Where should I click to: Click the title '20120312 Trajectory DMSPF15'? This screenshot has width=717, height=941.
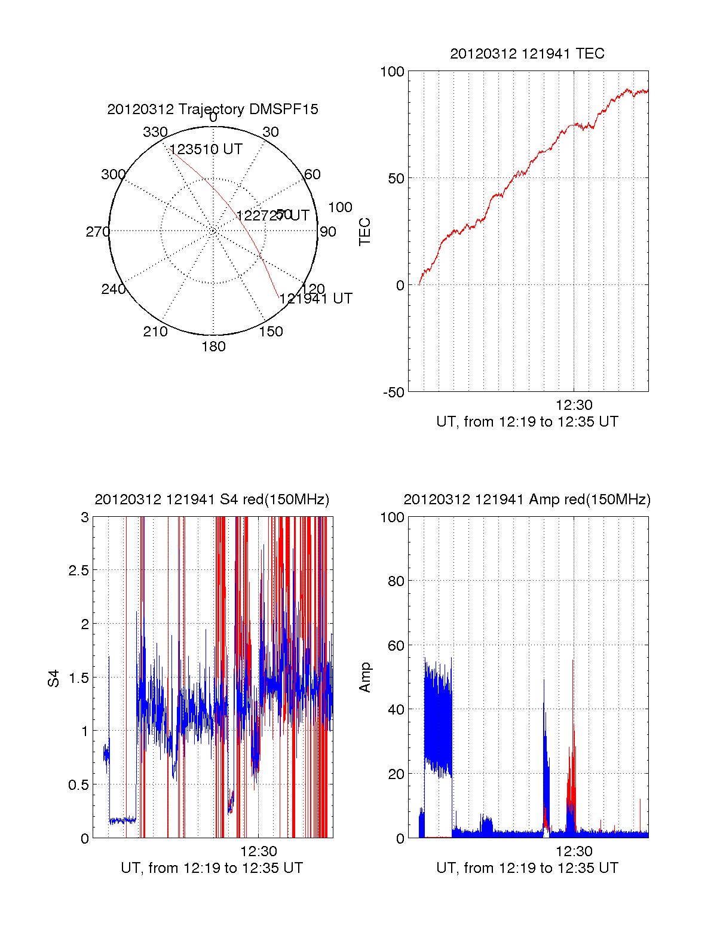[213, 109]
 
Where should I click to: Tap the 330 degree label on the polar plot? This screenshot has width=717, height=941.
[155, 132]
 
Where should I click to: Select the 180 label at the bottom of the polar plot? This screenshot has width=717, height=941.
[213, 347]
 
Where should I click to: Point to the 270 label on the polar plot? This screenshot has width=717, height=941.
[97, 232]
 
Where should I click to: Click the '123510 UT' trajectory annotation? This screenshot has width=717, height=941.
[206, 149]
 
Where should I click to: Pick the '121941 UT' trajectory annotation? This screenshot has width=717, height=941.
[316, 299]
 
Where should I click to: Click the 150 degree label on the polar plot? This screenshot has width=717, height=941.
[271, 332]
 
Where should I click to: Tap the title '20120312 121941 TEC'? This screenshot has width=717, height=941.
[527, 54]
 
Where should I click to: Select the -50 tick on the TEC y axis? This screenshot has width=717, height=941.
[394, 393]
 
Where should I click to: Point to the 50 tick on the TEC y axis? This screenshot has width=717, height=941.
[396, 179]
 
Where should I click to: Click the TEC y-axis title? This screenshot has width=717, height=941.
[365, 232]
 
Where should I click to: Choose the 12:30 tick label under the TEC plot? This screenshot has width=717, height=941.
[574, 405]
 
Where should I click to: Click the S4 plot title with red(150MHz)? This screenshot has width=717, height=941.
[212, 499]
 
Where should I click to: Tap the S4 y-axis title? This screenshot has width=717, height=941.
[54, 679]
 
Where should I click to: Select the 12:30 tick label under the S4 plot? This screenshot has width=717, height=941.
[259, 851]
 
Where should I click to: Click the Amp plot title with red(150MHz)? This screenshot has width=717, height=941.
[527, 499]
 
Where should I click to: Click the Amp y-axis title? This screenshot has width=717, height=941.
[365, 678]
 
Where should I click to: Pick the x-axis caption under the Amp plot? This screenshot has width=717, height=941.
[527, 868]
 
